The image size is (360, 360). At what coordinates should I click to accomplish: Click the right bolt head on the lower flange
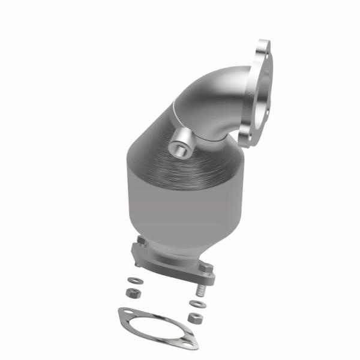(x=206, y=266)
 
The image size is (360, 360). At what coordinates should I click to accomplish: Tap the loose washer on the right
(x=197, y=304)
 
